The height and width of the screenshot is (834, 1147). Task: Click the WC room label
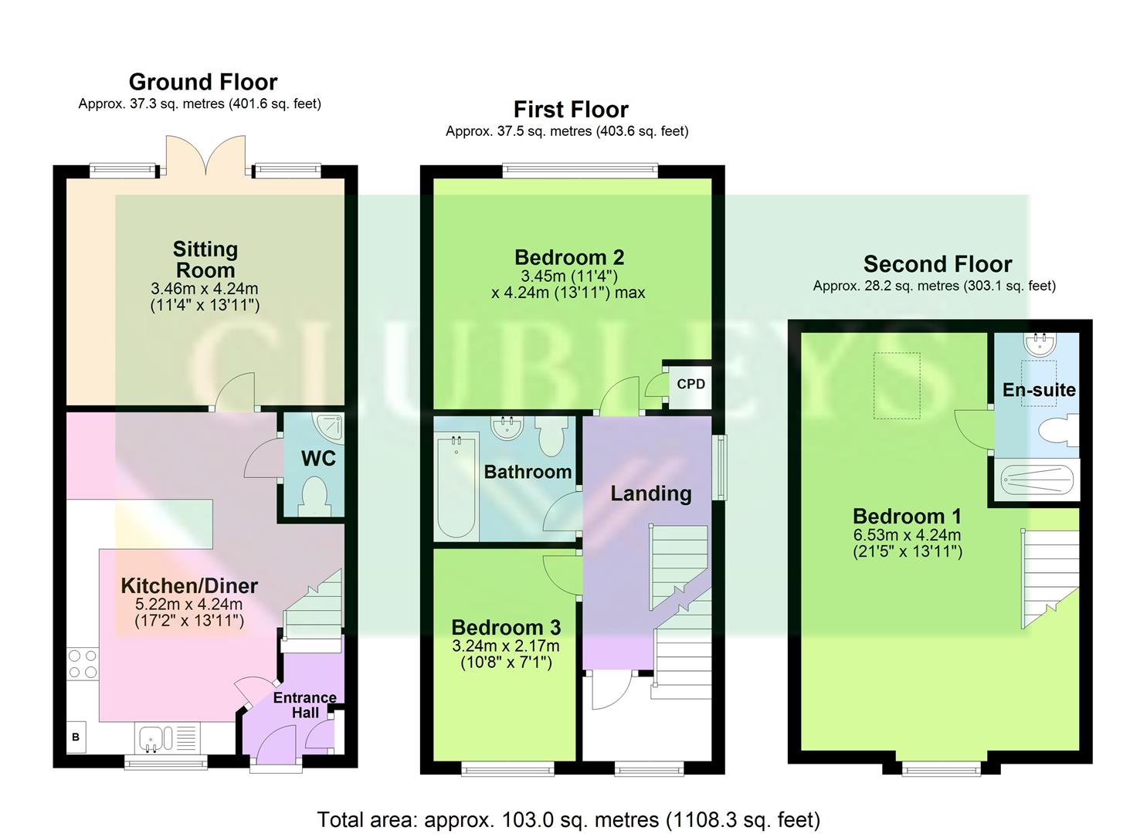[317, 459]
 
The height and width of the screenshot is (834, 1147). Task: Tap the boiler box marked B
[76, 737]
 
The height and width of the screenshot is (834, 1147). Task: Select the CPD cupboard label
[691, 384]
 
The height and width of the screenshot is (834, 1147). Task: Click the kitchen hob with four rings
[83, 664]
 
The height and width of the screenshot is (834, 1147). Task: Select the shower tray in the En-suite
[1037, 480]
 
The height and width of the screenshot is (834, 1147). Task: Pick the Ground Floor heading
[203, 82]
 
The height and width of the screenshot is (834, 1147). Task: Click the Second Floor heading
[937, 264]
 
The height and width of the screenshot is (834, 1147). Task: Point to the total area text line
[568, 819]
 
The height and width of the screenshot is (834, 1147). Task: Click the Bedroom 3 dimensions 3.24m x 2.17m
[505, 646]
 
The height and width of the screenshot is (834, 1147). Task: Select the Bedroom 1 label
[898, 516]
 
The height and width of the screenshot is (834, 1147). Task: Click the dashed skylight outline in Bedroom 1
[897, 385]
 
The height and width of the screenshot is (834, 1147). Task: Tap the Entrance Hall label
[304, 704]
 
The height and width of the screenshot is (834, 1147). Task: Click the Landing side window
[719, 467]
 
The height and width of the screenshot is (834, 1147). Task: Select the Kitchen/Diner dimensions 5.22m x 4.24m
[188, 605]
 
